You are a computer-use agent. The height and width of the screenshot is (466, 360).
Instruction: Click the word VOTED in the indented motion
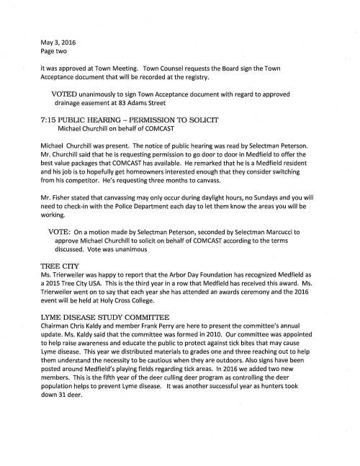tap(66, 95)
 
